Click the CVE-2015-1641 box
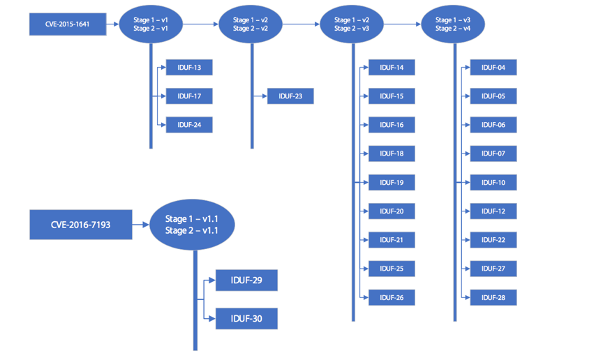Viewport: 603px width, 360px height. click(x=68, y=24)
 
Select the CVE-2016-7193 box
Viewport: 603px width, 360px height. click(x=80, y=225)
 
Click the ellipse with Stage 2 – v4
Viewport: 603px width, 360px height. click(x=453, y=24)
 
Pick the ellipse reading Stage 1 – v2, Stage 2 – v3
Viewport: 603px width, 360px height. click(x=352, y=24)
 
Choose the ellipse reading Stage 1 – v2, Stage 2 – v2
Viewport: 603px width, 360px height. click(x=251, y=24)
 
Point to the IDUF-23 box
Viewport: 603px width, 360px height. click(x=290, y=96)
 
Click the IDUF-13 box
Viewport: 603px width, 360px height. click(x=189, y=68)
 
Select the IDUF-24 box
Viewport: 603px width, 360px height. click(x=189, y=125)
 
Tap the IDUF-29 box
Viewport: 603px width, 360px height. click(x=246, y=280)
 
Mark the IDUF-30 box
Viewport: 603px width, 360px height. click(x=246, y=319)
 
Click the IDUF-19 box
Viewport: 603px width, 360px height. click(x=392, y=183)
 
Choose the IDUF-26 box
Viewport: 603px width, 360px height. click(x=392, y=298)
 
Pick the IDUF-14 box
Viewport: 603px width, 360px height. click(x=392, y=68)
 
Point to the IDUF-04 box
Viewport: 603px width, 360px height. click(x=493, y=68)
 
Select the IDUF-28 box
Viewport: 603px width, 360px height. click(x=493, y=298)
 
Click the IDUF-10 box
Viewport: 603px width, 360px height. click(x=493, y=183)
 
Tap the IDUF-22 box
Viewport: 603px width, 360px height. click(x=493, y=240)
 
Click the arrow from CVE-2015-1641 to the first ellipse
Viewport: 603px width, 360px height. click(x=113, y=24)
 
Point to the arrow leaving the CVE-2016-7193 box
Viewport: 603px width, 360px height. click(x=141, y=225)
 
